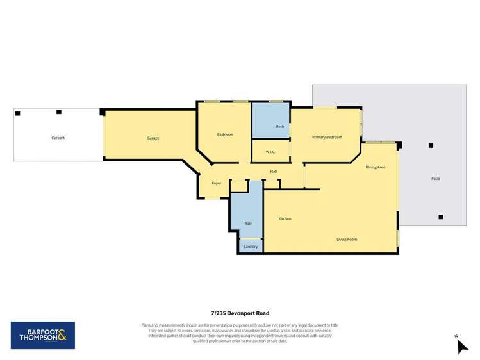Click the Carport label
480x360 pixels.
point(58,138)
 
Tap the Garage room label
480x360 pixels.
point(153,138)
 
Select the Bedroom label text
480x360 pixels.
point(225,135)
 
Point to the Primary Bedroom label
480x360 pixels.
point(327,137)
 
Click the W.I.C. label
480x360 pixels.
point(270,152)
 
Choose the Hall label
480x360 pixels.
point(274,172)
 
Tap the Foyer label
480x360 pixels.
point(217,183)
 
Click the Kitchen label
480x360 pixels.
point(285,219)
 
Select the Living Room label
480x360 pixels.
point(347,239)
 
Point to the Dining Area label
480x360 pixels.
point(376,167)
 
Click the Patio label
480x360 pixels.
point(436,179)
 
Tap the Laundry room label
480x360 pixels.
point(251,246)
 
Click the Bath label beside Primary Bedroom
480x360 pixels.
point(280,127)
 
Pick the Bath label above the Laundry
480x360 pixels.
point(248,224)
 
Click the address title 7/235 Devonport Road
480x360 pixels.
point(240,313)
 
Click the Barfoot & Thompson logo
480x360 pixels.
point(43,335)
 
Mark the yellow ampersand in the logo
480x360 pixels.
point(68,335)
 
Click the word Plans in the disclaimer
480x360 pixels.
point(147,325)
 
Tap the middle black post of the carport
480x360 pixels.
point(59,112)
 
